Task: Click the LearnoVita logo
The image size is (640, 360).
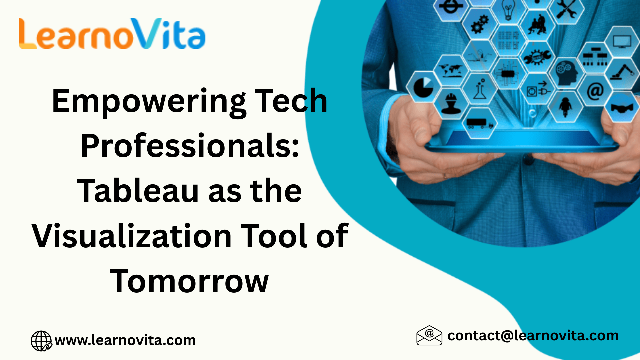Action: coord(112,33)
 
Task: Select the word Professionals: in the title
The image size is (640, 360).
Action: coord(190,146)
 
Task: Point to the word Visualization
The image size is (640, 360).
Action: coord(132,236)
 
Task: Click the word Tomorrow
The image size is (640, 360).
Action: coord(189,281)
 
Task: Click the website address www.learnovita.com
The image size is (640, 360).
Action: coord(125,340)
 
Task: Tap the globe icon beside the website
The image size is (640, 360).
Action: coord(41,341)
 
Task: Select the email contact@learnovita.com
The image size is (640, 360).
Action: coord(533,336)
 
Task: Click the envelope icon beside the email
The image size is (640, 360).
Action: coord(429,335)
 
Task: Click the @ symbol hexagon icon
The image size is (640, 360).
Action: coord(595,91)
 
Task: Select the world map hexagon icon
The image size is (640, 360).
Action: coord(451,70)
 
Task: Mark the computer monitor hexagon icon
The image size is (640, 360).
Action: coord(622,42)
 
